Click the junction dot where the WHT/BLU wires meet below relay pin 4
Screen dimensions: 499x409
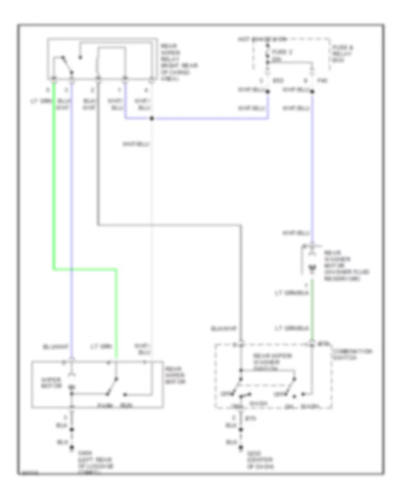click(x=151, y=119)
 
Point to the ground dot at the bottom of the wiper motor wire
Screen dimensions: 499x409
click(x=71, y=450)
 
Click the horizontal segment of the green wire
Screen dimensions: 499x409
click(x=85, y=269)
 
